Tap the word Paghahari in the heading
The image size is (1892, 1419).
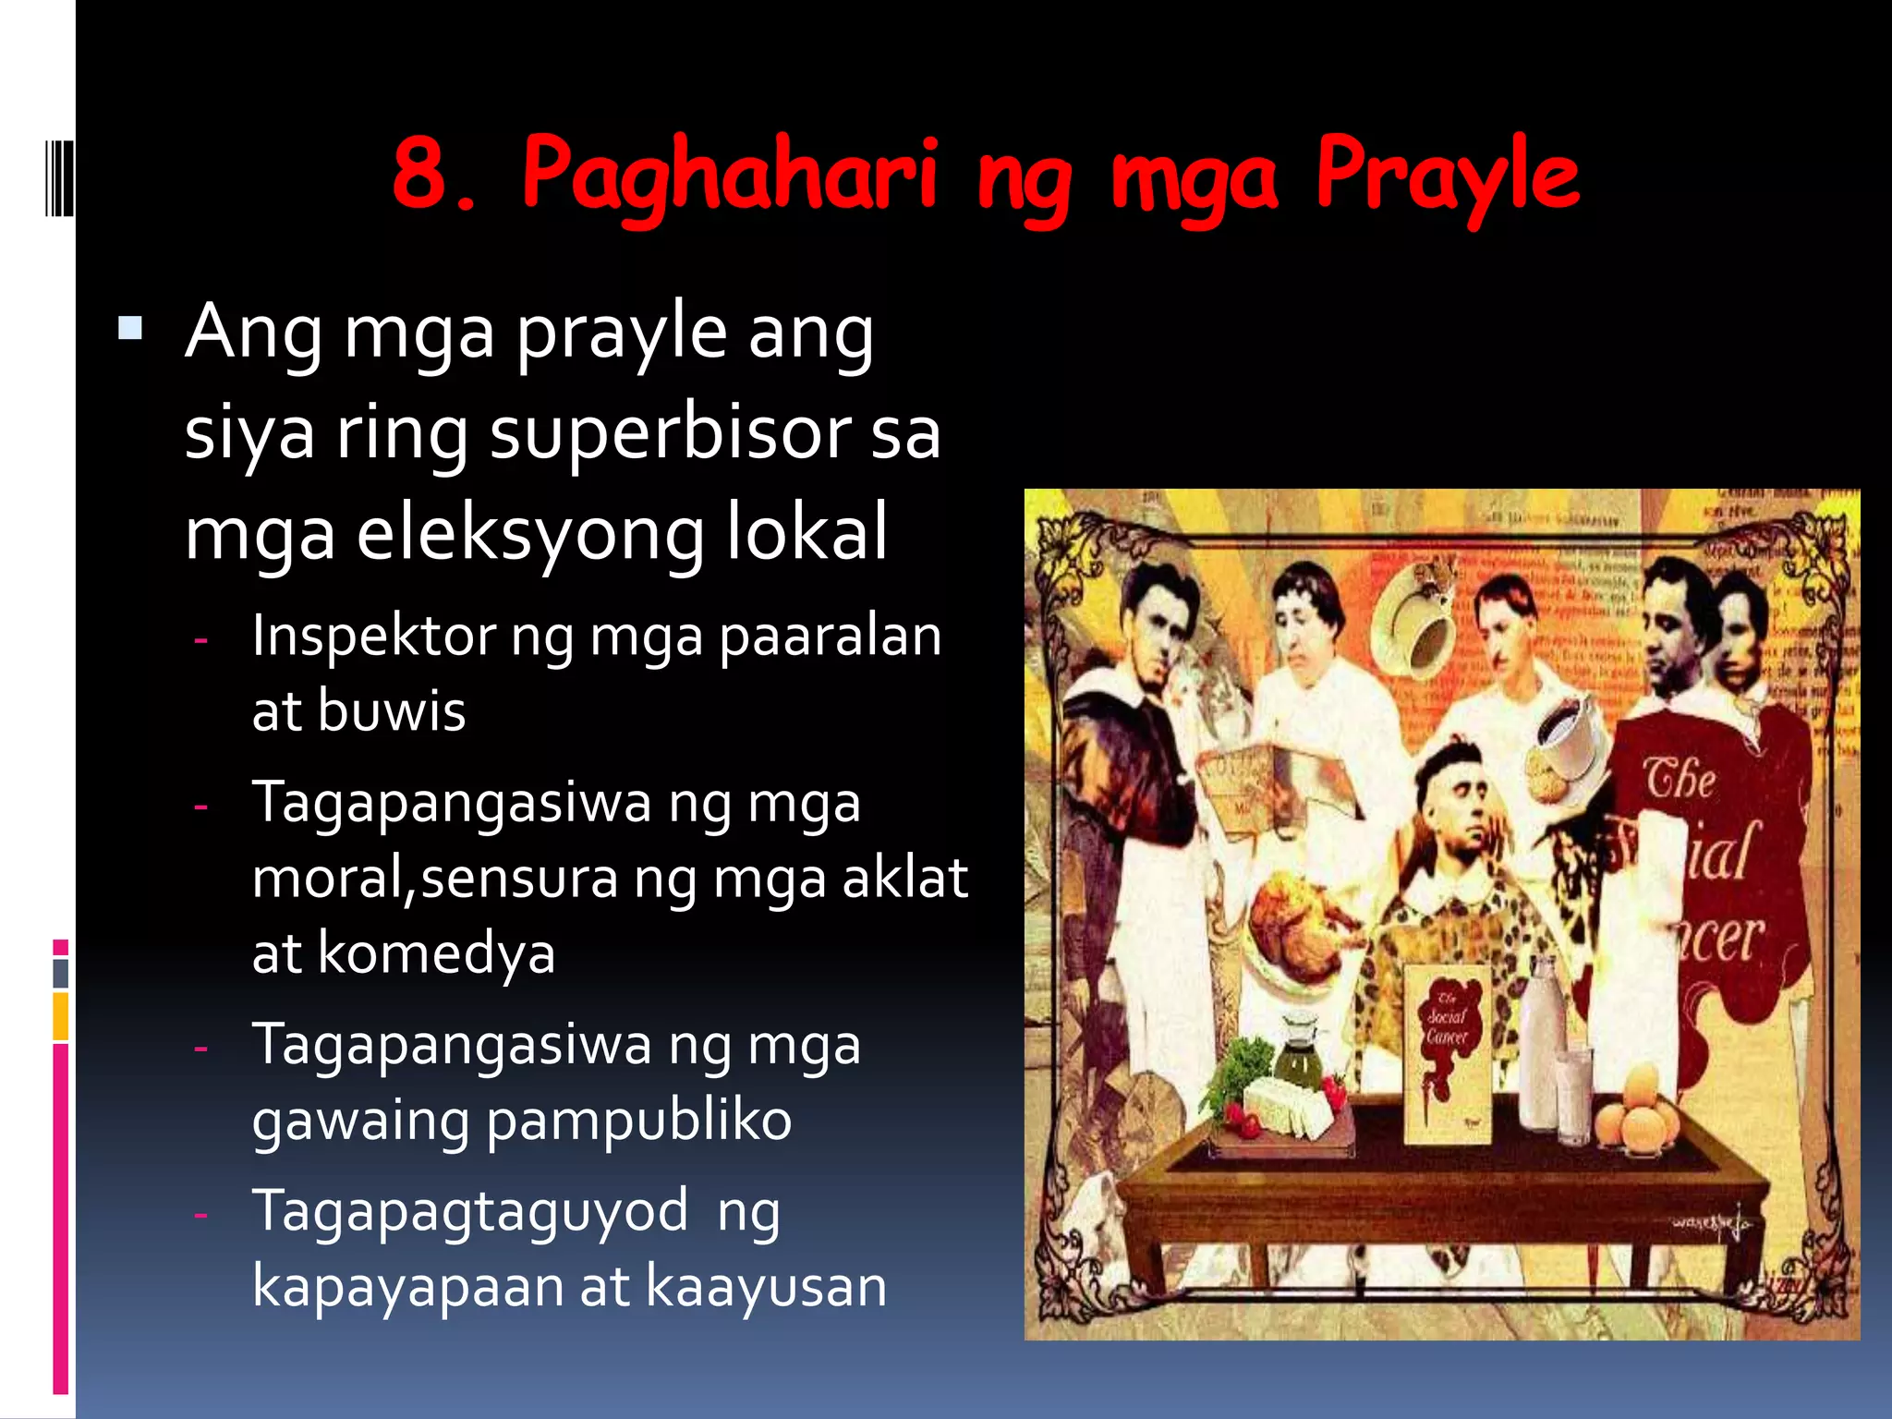(730, 176)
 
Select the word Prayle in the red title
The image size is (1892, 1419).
(1447, 176)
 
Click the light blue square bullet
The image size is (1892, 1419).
(130, 328)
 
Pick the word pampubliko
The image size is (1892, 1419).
(638, 1121)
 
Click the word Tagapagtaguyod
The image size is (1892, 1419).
(469, 1211)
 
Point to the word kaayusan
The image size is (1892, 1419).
(766, 1286)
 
